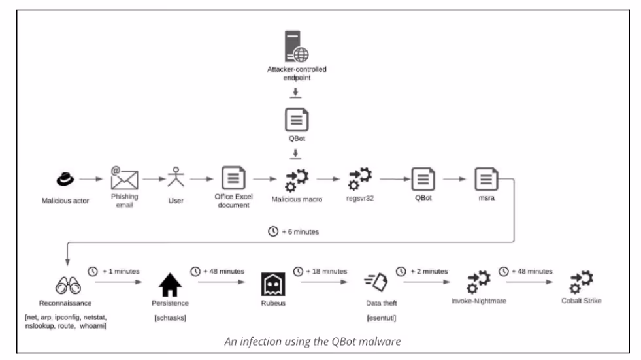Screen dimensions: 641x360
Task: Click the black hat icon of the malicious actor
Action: (x=65, y=179)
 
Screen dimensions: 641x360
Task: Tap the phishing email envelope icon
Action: (x=124, y=178)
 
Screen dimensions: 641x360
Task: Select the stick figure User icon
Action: (x=176, y=176)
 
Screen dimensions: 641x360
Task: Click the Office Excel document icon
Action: (x=233, y=178)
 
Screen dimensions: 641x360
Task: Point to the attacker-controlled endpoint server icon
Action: (x=297, y=46)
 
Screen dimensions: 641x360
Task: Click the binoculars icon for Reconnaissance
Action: (x=68, y=285)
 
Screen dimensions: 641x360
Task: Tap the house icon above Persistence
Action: (x=170, y=284)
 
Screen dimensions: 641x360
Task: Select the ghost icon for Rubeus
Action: (x=273, y=284)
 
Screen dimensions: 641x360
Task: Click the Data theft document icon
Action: (x=376, y=282)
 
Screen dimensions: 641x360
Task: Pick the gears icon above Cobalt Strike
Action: (x=582, y=282)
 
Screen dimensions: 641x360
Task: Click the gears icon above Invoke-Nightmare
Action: (x=479, y=282)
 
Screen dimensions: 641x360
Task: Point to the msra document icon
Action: (x=487, y=179)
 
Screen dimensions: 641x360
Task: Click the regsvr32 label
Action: (x=360, y=198)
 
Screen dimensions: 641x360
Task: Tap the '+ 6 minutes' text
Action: (x=301, y=232)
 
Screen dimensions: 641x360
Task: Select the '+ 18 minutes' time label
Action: (x=326, y=271)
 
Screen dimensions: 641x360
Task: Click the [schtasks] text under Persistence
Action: (x=170, y=318)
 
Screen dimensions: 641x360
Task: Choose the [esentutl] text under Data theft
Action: (x=382, y=318)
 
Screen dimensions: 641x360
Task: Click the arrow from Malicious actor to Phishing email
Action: (x=91, y=179)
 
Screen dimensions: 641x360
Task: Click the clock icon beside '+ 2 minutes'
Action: (x=401, y=271)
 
